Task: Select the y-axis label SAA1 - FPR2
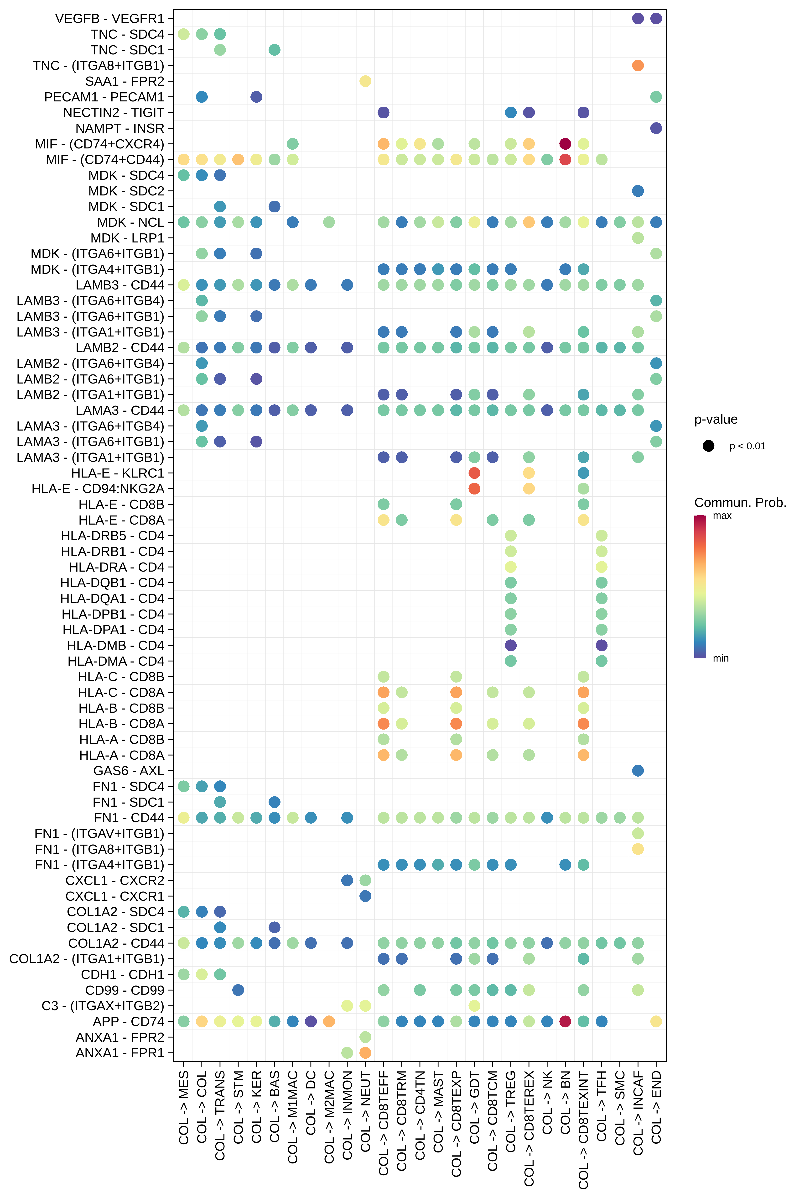[x=125, y=81]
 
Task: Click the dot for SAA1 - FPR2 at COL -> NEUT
[x=365, y=81]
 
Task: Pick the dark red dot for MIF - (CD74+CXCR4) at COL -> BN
[x=565, y=144]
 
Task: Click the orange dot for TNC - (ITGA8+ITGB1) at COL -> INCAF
[x=638, y=65]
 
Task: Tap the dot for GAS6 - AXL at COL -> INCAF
[x=638, y=771]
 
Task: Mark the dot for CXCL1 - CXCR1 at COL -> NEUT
[x=365, y=896]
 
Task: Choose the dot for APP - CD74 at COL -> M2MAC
[x=329, y=1021]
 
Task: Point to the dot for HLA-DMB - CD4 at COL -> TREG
[x=510, y=645]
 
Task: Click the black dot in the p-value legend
[x=708, y=446]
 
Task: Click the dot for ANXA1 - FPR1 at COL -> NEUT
[x=365, y=1053]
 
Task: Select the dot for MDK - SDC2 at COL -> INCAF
[x=638, y=191]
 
